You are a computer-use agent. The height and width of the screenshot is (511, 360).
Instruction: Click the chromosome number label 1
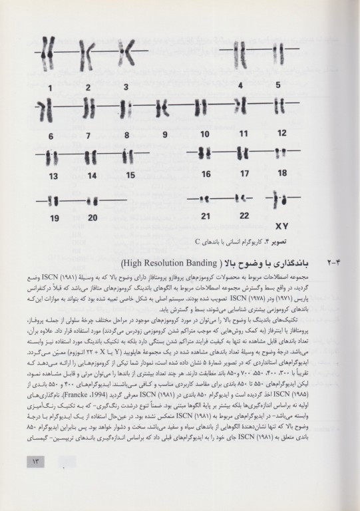point(51,87)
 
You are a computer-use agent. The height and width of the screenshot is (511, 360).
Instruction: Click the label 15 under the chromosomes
point(130,176)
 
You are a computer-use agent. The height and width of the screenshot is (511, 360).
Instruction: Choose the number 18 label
point(282,174)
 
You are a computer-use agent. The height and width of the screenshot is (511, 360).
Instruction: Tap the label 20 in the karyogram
point(92,217)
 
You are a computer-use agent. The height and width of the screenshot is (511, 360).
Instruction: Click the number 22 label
point(245,215)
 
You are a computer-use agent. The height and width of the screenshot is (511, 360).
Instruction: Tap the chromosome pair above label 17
point(245,152)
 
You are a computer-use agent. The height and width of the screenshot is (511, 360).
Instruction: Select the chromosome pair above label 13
point(53,157)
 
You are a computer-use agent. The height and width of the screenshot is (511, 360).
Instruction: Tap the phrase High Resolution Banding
point(188,262)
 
